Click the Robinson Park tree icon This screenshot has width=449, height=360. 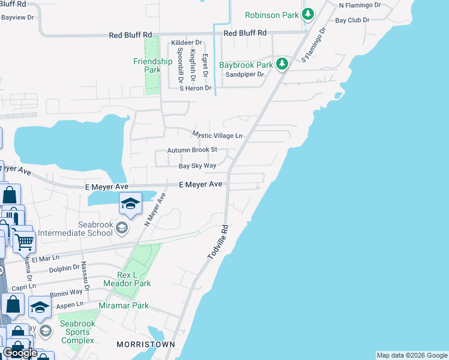pyautogui.click(x=308, y=14)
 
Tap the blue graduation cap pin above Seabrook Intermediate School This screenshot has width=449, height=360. pyautogui.click(x=130, y=204)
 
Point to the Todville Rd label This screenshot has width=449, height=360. pyautogui.click(x=218, y=242)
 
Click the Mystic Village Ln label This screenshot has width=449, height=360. pyautogui.click(x=217, y=135)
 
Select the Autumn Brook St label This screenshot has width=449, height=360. pyautogui.click(x=191, y=149)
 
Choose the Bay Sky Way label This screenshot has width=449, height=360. pyautogui.click(x=197, y=166)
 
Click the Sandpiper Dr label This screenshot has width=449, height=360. pyautogui.click(x=244, y=74)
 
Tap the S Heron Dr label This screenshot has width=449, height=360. pyautogui.click(x=196, y=88)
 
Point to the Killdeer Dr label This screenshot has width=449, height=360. pyautogui.click(x=186, y=43)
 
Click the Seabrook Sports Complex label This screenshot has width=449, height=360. pyautogui.click(x=77, y=332)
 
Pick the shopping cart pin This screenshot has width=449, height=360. pyautogui.click(x=24, y=242)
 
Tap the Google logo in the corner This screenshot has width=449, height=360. pyautogui.click(x=20, y=353)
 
